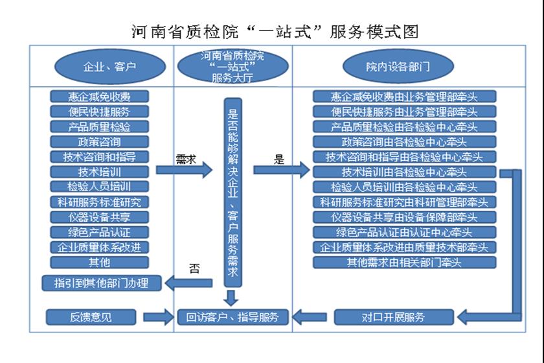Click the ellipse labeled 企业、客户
[x=110, y=66]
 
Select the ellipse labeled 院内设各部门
[x=398, y=66]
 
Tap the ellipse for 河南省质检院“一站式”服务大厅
[x=232, y=66]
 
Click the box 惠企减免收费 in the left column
[x=99, y=97]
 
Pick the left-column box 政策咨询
[x=99, y=142]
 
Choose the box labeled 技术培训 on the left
[x=99, y=172]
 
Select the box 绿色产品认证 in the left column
[x=99, y=232]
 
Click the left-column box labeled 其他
[x=99, y=263]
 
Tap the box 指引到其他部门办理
[x=101, y=283]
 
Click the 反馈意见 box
[x=91, y=317]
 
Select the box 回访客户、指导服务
[x=232, y=317]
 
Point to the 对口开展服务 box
[x=394, y=317]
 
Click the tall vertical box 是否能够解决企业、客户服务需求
[x=232, y=193]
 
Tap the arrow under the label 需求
[x=184, y=170]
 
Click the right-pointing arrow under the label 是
[x=281, y=170]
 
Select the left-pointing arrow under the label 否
[x=188, y=283]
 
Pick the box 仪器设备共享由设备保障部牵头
[x=405, y=217]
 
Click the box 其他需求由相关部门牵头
[x=405, y=263]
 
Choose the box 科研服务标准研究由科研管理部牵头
[x=405, y=202]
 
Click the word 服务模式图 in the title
[x=374, y=32]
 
